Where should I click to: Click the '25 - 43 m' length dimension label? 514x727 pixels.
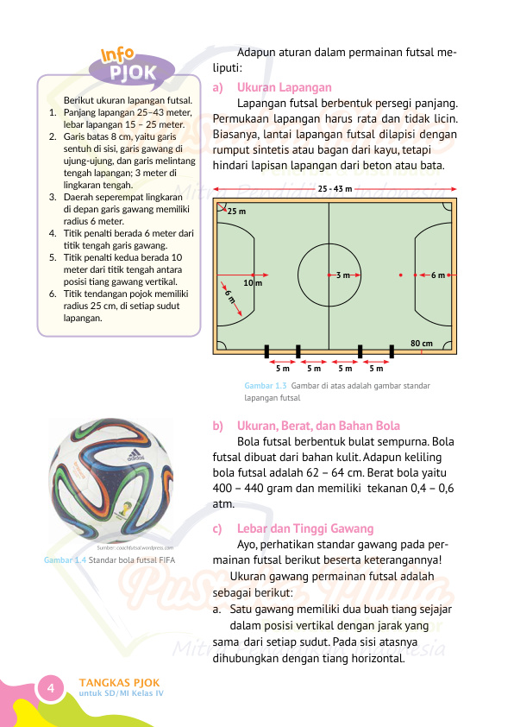point(335,188)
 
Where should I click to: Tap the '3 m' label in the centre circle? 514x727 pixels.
point(343,275)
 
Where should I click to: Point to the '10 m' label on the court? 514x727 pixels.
point(252,282)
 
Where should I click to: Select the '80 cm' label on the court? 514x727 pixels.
point(421,343)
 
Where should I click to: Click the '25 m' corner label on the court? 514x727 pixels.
point(236,211)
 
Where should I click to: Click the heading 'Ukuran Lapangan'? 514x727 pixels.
point(284,87)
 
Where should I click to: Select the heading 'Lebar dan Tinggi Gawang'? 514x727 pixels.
point(305,528)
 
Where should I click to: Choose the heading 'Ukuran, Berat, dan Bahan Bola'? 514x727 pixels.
point(318,426)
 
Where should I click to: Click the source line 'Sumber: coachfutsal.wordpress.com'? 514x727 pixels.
point(135,547)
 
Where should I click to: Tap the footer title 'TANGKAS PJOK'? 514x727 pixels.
point(119,681)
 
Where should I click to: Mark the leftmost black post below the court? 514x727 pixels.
point(266,351)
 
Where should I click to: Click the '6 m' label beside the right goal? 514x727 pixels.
point(438,275)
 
